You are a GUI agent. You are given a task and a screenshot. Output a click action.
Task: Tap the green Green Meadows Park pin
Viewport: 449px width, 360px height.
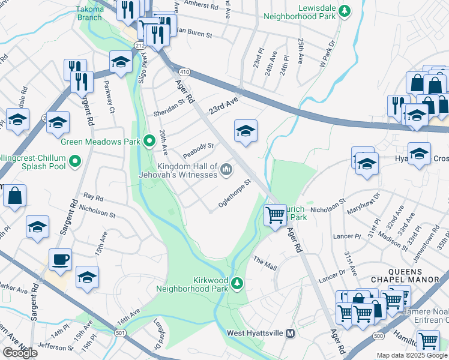pyautogui.click(x=149, y=142)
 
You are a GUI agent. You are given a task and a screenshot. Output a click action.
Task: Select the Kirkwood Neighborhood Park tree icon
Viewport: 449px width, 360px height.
pyautogui.click(x=237, y=283)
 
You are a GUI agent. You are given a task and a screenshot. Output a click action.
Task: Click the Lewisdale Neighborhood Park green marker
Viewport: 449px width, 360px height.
pyautogui.click(x=344, y=11)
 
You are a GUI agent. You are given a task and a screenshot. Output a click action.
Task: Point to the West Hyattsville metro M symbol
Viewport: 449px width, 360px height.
pyautogui.click(x=291, y=333)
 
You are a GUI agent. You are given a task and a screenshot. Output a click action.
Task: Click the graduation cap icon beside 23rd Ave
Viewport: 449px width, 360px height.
pyautogui.click(x=246, y=131)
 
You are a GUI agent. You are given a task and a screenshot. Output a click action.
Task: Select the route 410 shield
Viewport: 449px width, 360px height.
pyautogui.click(x=184, y=72)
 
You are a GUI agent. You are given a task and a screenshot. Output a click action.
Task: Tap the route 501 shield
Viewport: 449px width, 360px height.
pyautogui.click(x=120, y=333)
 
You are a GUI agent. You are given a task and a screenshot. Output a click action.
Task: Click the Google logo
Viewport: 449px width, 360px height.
pyautogui.click(x=20, y=353)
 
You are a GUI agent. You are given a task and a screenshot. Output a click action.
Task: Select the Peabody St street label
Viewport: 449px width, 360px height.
pyautogui.click(x=199, y=147)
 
